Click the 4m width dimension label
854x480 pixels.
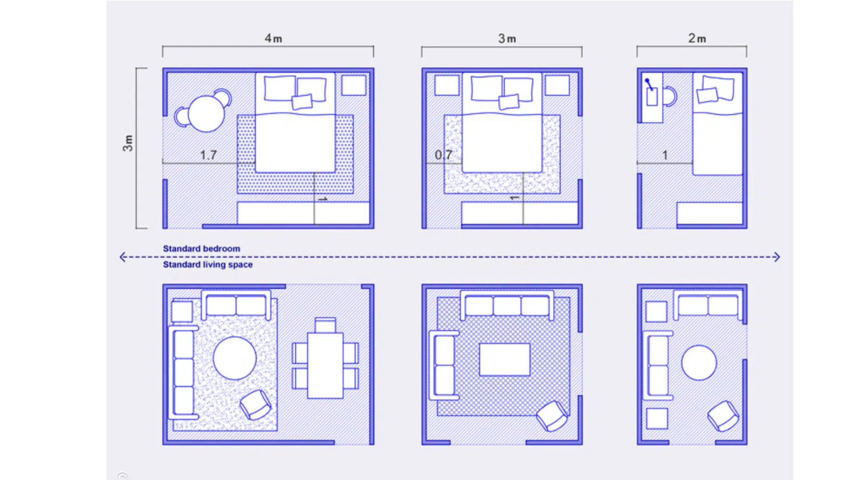(x=273, y=39)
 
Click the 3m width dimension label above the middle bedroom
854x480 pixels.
(x=507, y=39)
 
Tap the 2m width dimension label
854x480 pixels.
(x=697, y=39)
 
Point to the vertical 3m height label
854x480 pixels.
(x=128, y=143)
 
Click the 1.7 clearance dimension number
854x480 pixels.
(x=208, y=155)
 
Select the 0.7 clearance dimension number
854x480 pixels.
(x=443, y=155)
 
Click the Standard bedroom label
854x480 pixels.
(x=201, y=249)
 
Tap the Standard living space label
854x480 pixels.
(x=207, y=265)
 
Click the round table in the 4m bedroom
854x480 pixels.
(x=206, y=114)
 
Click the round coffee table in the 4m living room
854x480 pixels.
(x=234, y=358)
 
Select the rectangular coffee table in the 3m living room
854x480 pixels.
(x=504, y=359)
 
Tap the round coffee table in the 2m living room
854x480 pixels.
(x=699, y=363)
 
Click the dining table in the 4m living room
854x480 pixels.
(x=325, y=365)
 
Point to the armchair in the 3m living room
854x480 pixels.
(x=552, y=416)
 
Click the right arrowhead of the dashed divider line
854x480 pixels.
(x=776, y=257)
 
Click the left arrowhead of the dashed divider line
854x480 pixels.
(x=123, y=257)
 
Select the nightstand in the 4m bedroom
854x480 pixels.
(x=354, y=85)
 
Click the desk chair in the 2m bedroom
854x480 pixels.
(x=670, y=96)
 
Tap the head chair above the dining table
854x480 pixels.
(x=325, y=324)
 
